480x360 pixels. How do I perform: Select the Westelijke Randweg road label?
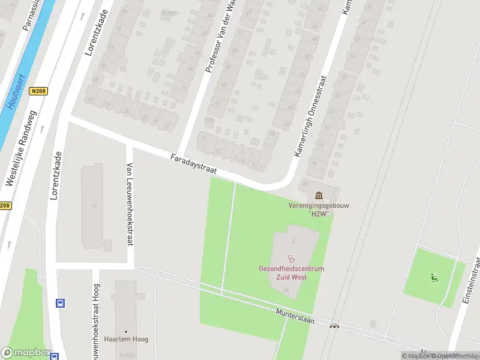22,148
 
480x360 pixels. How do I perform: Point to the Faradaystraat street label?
193,164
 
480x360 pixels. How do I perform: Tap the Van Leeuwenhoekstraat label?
129,204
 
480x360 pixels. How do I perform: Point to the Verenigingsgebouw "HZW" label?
319,209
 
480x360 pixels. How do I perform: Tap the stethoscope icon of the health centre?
292,259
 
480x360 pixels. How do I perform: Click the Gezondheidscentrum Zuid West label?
292,273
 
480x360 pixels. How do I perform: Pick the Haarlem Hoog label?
126,339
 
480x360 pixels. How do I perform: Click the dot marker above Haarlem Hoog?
126,331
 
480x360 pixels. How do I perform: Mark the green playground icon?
434,277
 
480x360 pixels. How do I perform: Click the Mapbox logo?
26,353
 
